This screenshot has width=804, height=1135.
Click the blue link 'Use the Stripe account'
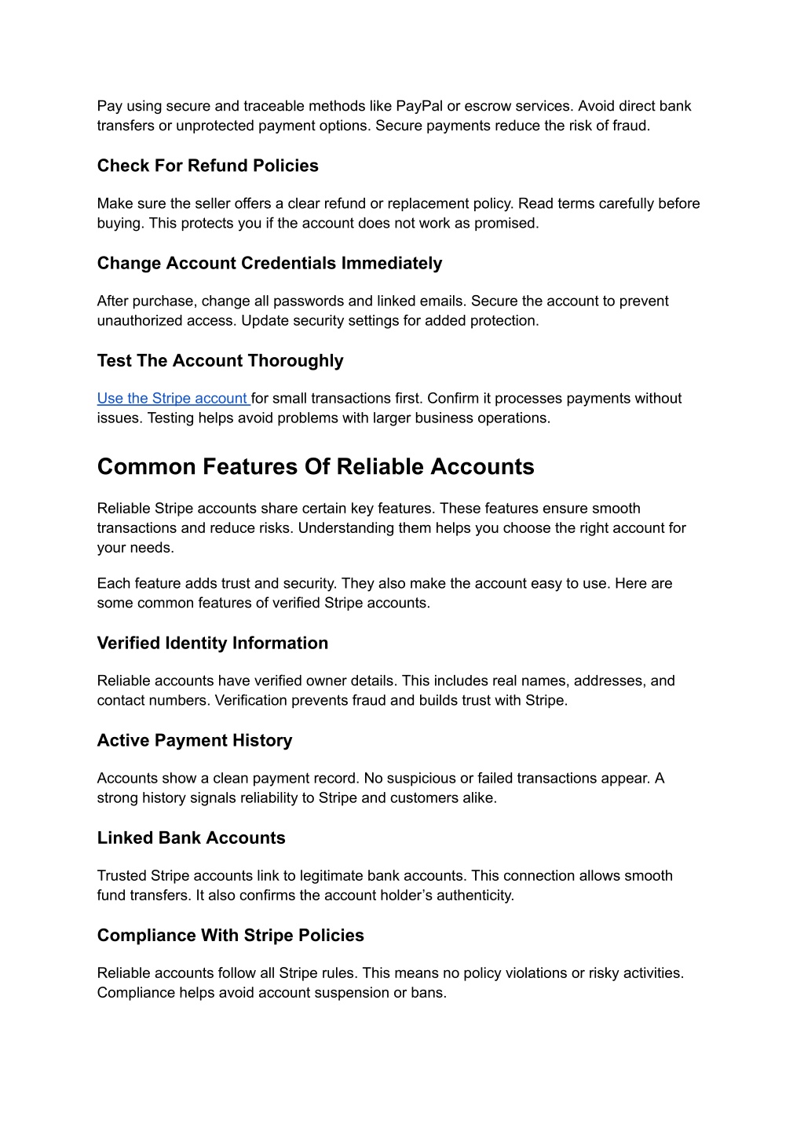(173, 399)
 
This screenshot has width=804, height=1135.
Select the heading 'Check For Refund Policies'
(207, 166)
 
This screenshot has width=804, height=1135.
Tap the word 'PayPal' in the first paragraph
(419, 106)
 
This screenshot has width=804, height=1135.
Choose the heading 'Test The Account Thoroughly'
(220, 360)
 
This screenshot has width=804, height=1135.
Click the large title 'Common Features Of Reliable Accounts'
(316, 467)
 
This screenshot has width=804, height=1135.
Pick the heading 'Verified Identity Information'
(212, 643)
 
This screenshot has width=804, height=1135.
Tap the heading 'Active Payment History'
(194, 740)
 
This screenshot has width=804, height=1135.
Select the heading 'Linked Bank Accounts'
(191, 838)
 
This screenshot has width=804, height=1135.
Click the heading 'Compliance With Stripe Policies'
(230, 935)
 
